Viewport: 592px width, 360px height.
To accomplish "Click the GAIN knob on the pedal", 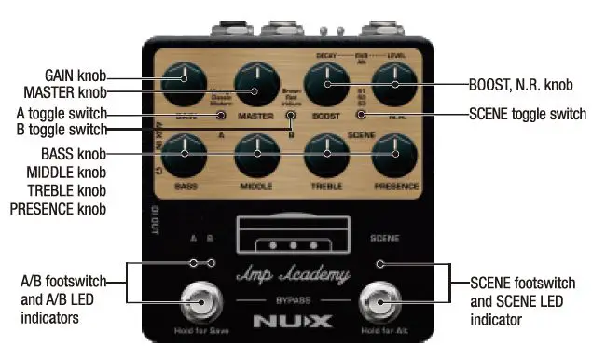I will coord(185,83).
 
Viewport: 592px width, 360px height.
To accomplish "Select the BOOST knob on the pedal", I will coord(326,86).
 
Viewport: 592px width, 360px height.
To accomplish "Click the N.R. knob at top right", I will coord(395,85).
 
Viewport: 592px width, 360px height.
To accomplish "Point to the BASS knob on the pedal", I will coord(185,153).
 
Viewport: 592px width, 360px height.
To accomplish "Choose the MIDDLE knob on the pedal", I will coord(255,154).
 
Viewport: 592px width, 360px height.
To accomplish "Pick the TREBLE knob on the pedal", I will coord(326,154).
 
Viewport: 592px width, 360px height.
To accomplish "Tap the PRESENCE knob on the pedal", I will coord(395,154).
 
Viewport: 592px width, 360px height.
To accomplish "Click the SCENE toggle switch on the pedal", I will coord(361,116).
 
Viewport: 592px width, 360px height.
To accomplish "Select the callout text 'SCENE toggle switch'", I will coord(528,116).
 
